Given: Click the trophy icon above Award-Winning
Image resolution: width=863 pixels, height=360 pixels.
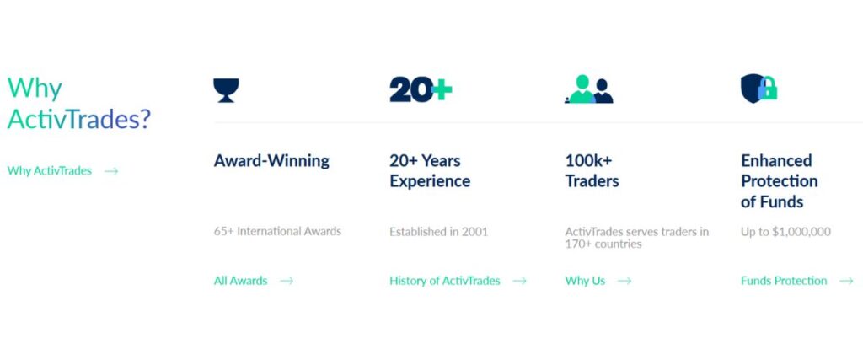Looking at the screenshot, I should pos(226,89).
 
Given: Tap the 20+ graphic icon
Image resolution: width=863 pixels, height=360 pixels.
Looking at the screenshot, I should pos(421,89).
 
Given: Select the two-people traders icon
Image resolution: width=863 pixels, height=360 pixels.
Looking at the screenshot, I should pos(588,89).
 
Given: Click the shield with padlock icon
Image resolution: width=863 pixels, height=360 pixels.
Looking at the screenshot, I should pos(758,89).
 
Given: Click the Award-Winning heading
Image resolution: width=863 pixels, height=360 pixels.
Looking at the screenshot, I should pos(271,160).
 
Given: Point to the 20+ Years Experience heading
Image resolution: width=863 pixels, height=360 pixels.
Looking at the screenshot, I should pos(430,170).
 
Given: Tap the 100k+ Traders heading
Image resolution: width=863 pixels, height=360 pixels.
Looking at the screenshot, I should pos(592,170).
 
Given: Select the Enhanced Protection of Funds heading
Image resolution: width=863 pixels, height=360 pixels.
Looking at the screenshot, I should pos(779,180).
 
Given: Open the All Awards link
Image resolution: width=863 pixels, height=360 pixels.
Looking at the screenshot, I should pos(240,281).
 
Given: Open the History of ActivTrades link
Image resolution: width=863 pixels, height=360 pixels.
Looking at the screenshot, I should pos(444,281).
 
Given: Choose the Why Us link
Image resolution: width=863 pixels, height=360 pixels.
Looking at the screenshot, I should pos(585,281).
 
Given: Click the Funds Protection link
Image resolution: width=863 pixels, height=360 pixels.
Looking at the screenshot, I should pos(784,281).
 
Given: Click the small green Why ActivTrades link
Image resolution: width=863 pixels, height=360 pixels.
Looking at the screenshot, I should pos(50,170).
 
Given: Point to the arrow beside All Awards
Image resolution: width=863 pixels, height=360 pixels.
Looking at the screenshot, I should pos(287,281).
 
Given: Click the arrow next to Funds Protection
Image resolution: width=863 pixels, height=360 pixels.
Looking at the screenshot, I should pos(846,281).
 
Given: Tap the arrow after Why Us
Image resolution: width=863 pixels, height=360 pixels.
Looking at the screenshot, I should pos(624,281).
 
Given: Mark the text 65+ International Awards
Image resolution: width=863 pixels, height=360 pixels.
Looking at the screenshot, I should pos(277,231).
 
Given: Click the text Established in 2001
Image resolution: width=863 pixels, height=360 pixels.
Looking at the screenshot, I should pos(438,231).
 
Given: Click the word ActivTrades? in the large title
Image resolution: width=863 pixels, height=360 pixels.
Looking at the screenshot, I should pos(79,119).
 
